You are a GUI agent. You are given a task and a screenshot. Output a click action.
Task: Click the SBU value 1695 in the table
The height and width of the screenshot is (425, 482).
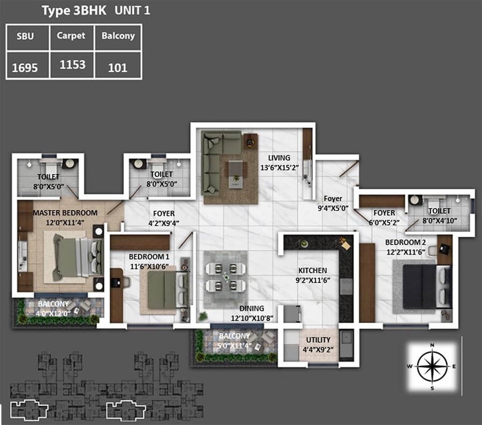(25, 68)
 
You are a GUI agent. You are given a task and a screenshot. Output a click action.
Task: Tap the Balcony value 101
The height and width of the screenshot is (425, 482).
(117, 68)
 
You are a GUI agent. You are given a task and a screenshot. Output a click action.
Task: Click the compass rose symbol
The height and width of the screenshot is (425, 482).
(432, 366)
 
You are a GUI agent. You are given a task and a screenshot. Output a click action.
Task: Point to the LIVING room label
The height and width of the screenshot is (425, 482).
(279, 158)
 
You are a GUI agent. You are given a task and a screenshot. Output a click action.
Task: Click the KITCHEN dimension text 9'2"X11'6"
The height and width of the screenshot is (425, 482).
(313, 280)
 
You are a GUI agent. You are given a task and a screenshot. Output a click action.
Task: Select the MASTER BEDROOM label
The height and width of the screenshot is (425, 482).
(65, 213)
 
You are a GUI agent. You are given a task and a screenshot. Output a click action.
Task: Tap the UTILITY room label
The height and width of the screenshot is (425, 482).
(318, 340)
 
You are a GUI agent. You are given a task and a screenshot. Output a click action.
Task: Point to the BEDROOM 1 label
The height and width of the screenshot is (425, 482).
(149, 257)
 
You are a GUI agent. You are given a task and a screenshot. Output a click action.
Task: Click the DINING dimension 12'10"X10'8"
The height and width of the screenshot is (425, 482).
(252, 318)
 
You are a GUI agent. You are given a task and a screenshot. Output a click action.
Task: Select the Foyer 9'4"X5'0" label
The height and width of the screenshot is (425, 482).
(333, 203)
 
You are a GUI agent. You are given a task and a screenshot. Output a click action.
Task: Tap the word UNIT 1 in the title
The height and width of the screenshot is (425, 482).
(132, 11)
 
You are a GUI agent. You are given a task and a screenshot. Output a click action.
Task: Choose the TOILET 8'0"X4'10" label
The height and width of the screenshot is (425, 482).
(440, 215)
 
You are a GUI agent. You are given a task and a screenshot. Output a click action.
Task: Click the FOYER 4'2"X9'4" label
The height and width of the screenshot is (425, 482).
(164, 218)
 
